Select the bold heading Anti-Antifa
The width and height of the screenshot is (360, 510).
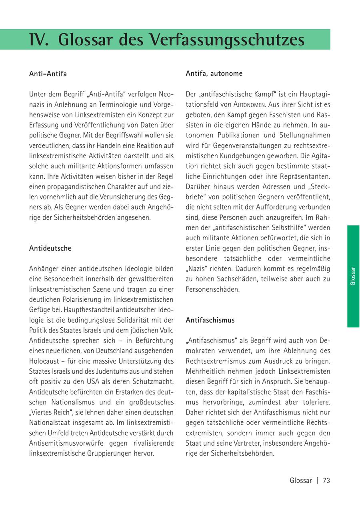click(48, 74)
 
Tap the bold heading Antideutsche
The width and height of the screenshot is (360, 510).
click(50, 248)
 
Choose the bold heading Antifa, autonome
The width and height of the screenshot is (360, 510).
click(214, 74)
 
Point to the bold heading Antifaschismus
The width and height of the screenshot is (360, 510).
click(210, 320)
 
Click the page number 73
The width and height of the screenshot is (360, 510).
click(326, 480)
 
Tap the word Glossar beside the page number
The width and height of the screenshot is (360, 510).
click(300, 480)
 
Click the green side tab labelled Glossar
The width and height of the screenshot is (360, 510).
click(353, 276)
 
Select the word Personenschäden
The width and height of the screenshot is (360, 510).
click(212, 289)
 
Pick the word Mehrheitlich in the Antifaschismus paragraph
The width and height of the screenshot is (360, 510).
click(203, 371)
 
